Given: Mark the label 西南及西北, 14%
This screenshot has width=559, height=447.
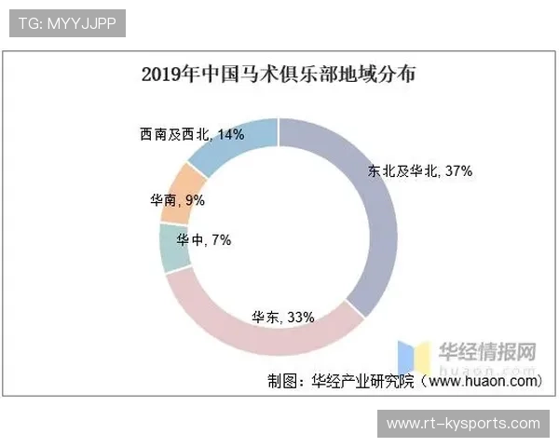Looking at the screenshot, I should click(x=192, y=135).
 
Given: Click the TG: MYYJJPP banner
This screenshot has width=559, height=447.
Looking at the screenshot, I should click(x=66, y=23).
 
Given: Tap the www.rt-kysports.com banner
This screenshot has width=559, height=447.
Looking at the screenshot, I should click(x=462, y=424).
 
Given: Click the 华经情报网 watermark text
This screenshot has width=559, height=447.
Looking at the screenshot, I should click(x=488, y=351).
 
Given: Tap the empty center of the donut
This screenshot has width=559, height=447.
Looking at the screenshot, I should click(x=279, y=237).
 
